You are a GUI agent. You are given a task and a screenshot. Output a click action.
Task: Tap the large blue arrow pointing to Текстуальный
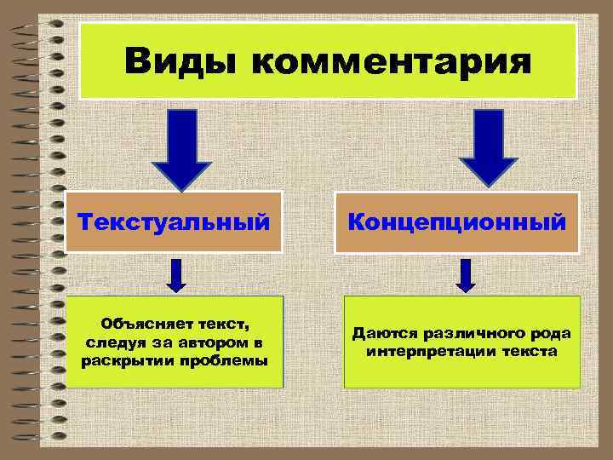click(180, 147)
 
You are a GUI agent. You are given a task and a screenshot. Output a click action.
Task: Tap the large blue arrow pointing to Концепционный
click(488, 147)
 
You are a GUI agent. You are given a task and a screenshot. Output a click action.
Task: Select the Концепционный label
click(456, 223)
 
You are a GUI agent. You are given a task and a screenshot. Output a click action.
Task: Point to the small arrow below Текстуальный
click(176, 273)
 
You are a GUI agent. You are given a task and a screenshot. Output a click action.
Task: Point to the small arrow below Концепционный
click(466, 273)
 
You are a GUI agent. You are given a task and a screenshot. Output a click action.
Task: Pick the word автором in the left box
click(215, 342)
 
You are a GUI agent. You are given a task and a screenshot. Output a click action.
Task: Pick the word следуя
click(113, 342)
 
